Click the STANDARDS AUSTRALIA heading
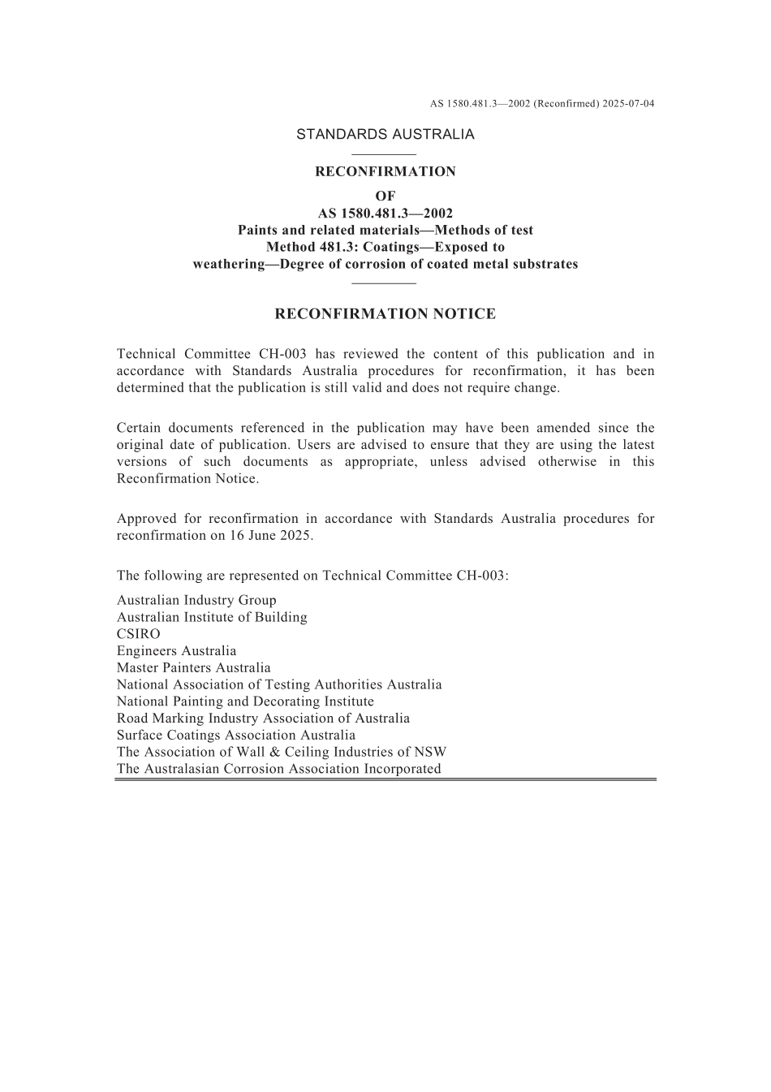pyautogui.click(x=385, y=135)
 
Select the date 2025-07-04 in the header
pyautogui.click(x=628, y=104)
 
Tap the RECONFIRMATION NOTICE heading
pyautogui.click(x=385, y=314)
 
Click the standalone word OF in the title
pyautogui.click(x=385, y=196)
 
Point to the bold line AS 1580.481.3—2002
pyautogui.click(x=385, y=214)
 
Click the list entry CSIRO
pyautogui.click(x=139, y=634)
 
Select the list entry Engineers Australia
pyautogui.click(x=176, y=651)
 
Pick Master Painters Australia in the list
pyautogui.click(x=193, y=668)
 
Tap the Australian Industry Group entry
pyautogui.click(x=196, y=601)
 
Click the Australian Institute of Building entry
pyautogui.click(x=212, y=617)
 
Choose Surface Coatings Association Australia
pyautogui.click(x=236, y=736)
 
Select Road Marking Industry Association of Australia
pyautogui.click(x=263, y=719)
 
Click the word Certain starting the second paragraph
pyautogui.click(x=141, y=428)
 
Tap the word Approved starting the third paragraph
pyautogui.click(x=148, y=519)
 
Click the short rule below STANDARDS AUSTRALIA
pyautogui.click(x=385, y=154)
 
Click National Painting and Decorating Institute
pyautogui.click(x=245, y=701)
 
